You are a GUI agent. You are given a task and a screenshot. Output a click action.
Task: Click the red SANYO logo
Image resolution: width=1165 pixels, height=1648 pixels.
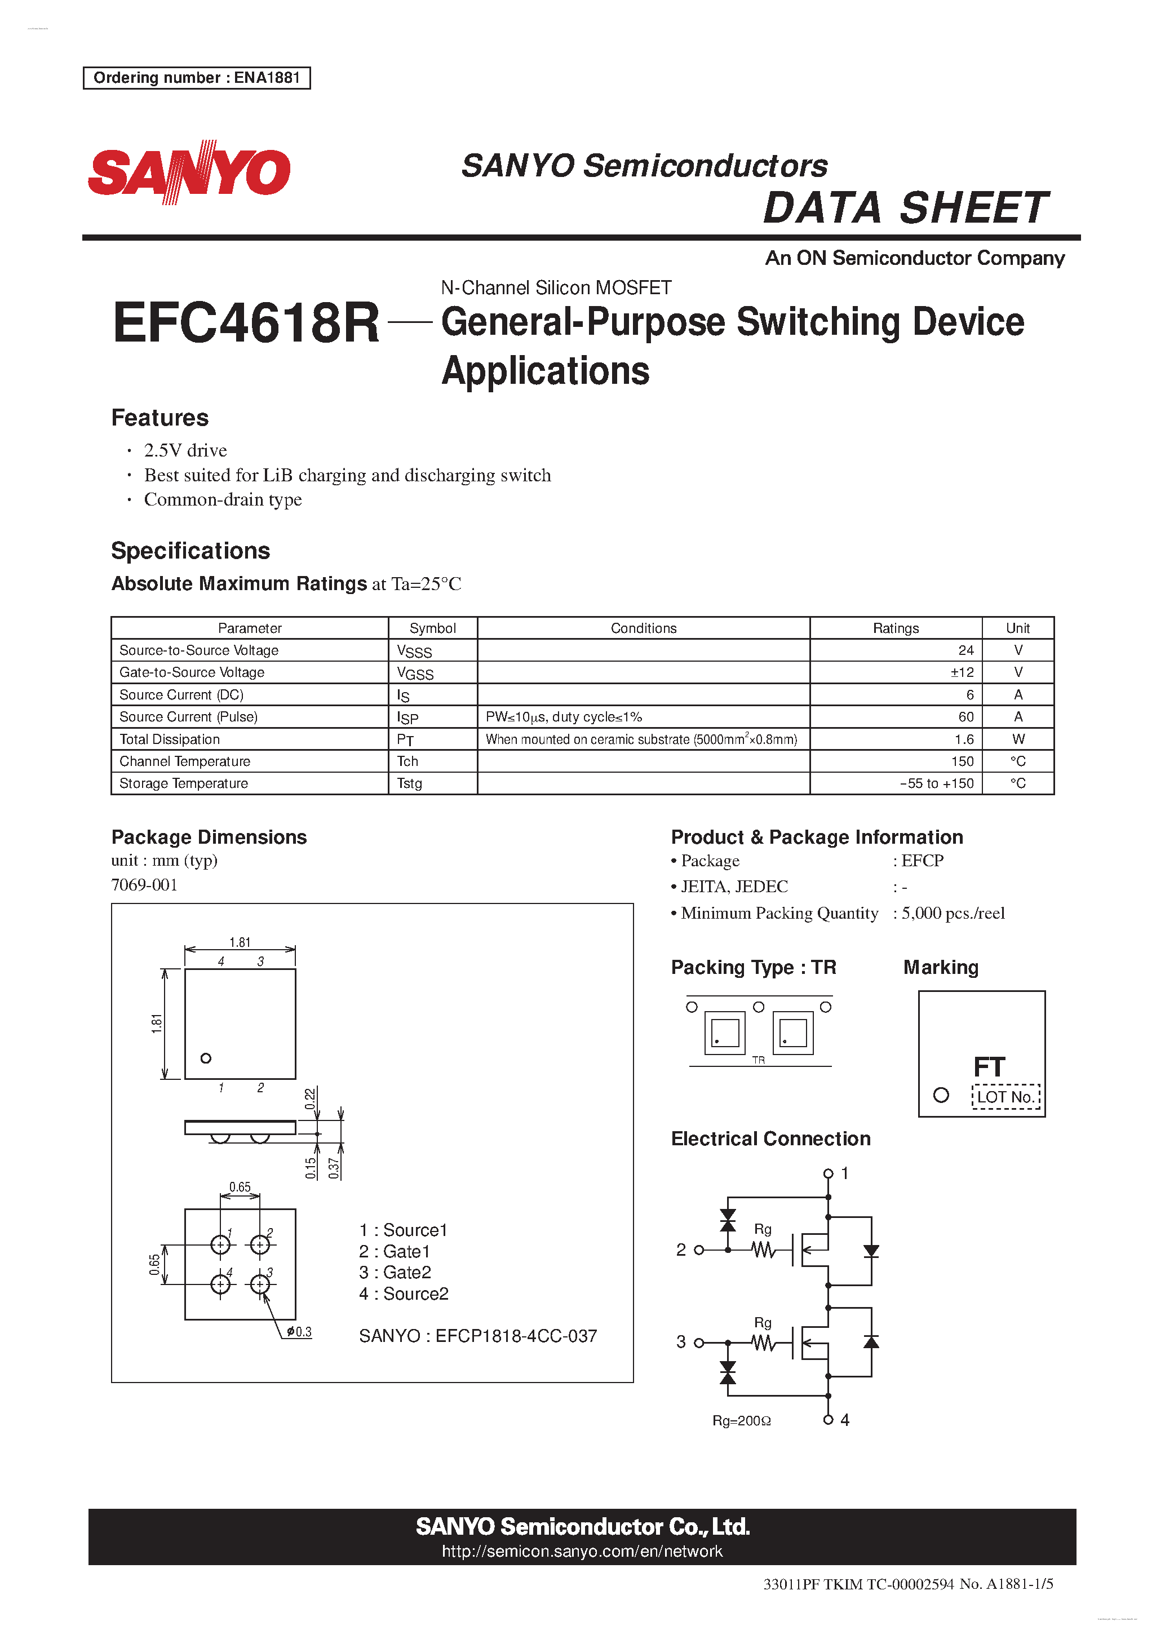[189, 172]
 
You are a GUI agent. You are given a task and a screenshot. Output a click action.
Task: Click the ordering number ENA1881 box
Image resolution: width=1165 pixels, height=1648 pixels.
[197, 78]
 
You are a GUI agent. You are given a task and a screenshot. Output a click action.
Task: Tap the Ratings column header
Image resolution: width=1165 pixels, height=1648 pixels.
[895, 628]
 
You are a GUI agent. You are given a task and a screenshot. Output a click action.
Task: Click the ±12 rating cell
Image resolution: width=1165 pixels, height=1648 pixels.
[962, 672]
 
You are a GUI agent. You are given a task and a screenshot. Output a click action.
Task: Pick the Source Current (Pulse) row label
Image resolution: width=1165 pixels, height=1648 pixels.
[189, 717]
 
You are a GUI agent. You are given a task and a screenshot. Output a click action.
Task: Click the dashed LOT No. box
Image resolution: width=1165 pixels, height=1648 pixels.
[1005, 1097]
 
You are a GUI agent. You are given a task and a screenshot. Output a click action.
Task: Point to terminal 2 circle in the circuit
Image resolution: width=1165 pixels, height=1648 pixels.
[698, 1250]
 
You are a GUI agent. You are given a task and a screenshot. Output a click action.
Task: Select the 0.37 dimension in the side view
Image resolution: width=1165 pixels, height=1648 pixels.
[333, 1168]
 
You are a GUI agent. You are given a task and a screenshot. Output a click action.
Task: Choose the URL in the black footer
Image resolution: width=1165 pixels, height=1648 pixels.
[582, 1551]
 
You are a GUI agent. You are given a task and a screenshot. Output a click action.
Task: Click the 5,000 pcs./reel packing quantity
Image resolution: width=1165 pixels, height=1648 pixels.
[953, 913]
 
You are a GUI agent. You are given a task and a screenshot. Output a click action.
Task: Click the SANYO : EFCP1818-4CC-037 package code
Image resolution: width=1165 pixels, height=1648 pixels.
[478, 1336]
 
